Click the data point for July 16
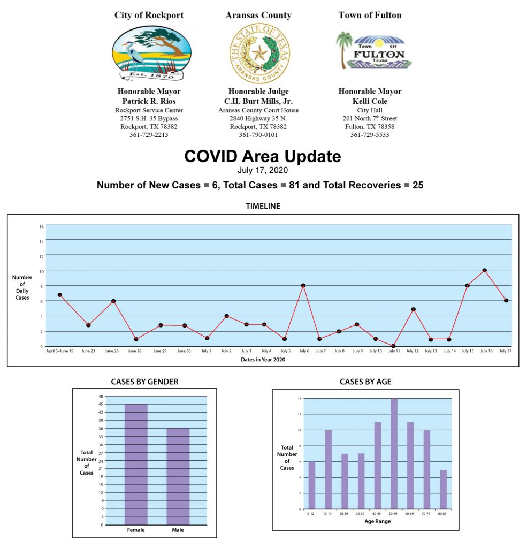(x=484, y=270)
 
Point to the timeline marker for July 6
(x=303, y=286)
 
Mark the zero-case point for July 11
(x=393, y=346)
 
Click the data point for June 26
(x=113, y=301)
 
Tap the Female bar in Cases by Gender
(x=136, y=464)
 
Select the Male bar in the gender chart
(x=178, y=476)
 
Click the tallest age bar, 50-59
(x=394, y=453)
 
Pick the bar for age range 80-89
(x=443, y=489)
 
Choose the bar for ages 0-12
(x=312, y=485)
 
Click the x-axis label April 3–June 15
(x=60, y=351)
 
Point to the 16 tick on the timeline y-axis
(x=41, y=226)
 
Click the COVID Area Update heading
(x=262, y=157)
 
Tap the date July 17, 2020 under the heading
(x=263, y=171)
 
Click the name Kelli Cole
(x=370, y=101)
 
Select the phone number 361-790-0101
(x=258, y=135)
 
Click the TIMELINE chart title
(x=263, y=206)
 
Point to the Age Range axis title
(x=378, y=521)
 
